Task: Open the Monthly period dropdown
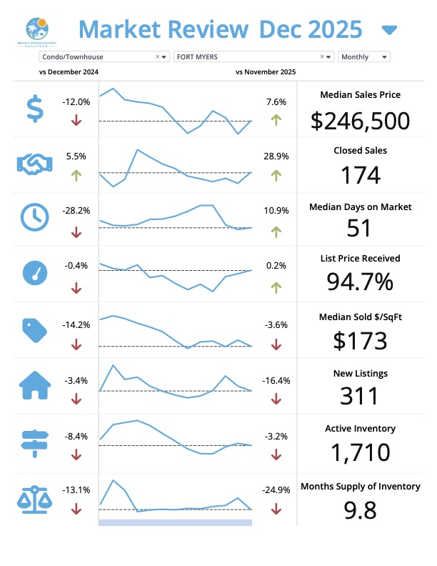[x=364, y=56]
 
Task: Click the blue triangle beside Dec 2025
[x=389, y=30]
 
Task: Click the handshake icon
[x=34, y=164]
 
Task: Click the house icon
[x=34, y=385]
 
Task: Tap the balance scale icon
[x=34, y=497]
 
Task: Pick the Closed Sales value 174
[x=360, y=175]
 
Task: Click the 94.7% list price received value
[x=360, y=282]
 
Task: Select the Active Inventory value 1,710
[x=360, y=452]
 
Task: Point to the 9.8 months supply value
[x=360, y=510]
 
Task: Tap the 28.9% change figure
[x=276, y=155]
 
